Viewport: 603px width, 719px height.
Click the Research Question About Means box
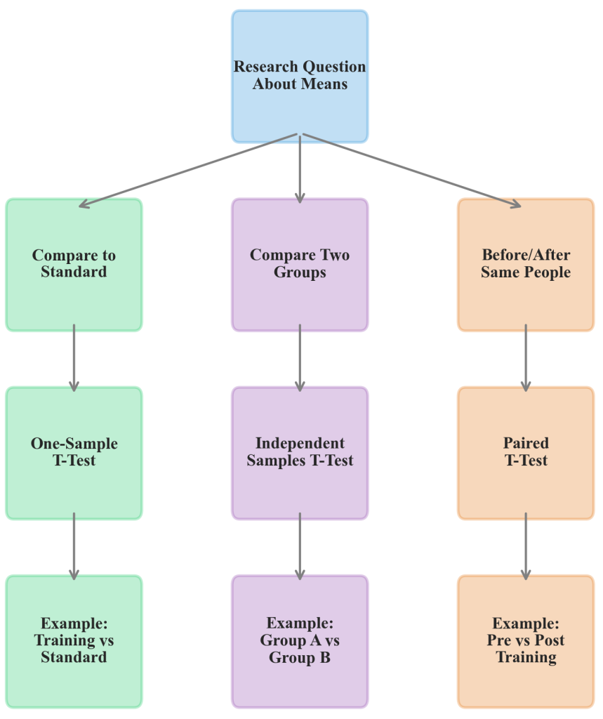(x=300, y=76)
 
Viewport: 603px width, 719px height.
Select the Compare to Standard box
(x=74, y=264)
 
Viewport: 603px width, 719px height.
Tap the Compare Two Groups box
(x=300, y=264)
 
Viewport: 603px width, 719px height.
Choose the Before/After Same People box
(x=526, y=264)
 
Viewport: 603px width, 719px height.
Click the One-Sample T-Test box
(x=74, y=453)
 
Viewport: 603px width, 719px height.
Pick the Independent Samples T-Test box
(x=300, y=453)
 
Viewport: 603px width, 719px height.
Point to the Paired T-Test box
(x=526, y=453)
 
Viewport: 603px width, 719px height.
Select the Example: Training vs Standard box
(x=74, y=641)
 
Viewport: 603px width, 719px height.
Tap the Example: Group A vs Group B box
(x=300, y=641)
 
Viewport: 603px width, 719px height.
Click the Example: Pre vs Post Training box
(x=526, y=641)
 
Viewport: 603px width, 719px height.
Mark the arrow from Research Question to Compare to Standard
(x=190, y=170)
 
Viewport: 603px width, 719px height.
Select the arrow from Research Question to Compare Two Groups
(x=300, y=169)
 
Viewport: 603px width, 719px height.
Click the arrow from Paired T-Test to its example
(x=526, y=546)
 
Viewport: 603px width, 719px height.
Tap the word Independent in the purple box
(x=300, y=444)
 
